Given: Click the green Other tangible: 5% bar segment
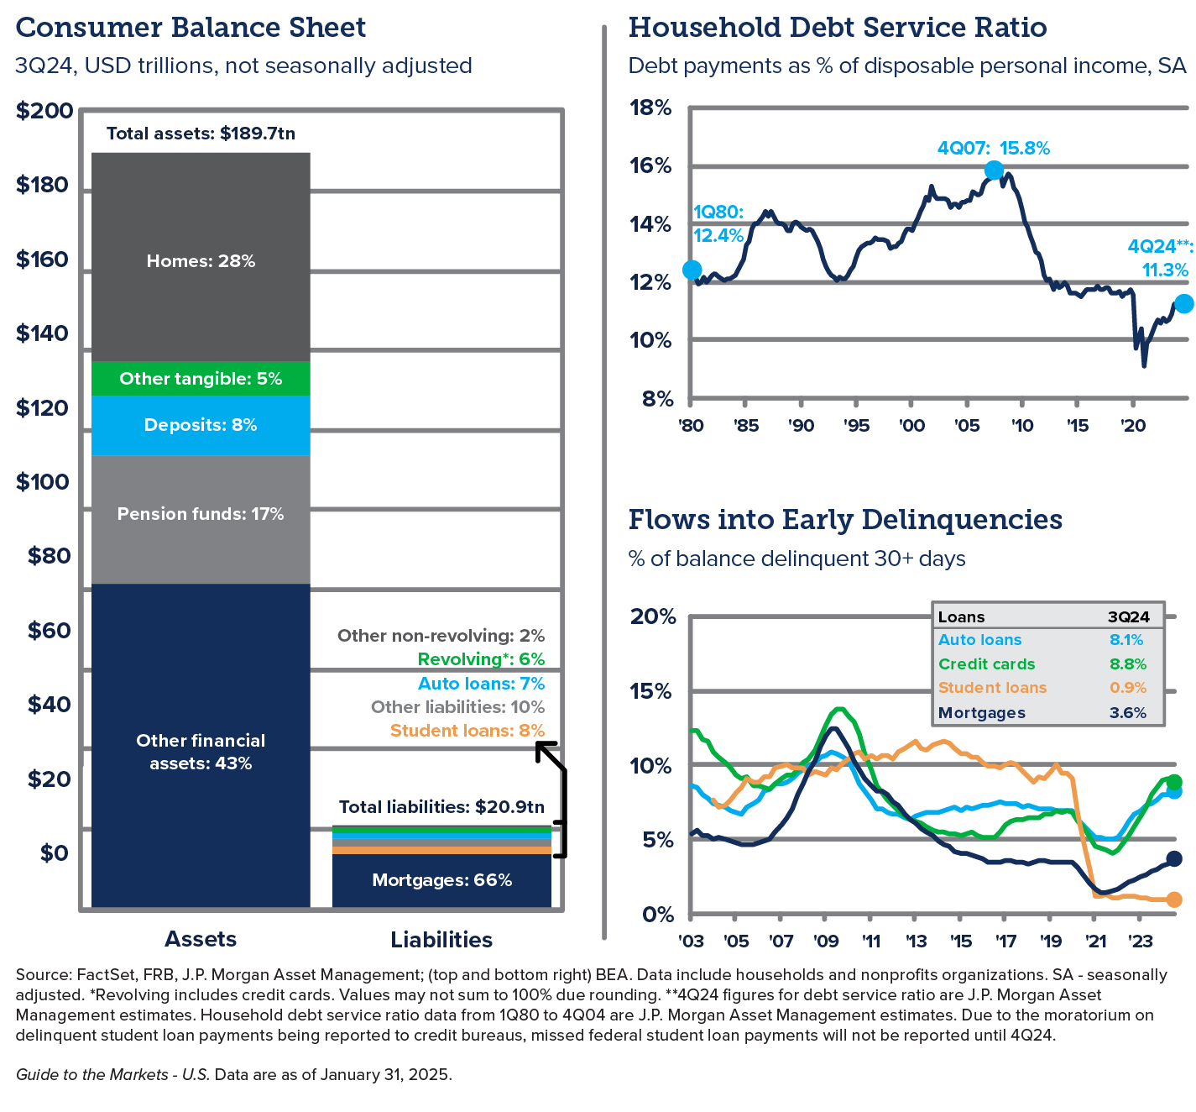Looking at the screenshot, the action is click(x=201, y=379).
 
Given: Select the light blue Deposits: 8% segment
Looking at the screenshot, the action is click(x=201, y=426).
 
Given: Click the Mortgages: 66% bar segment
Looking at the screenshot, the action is click(x=441, y=880).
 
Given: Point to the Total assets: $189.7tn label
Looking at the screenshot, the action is click(x=201, y=134).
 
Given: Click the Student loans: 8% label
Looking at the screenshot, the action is click(x=467, y=731).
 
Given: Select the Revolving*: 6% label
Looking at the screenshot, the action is click(x=481, y=659).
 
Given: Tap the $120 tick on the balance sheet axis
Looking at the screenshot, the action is click(x=42, y=408).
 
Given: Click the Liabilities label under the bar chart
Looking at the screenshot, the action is click(x=441, y=940).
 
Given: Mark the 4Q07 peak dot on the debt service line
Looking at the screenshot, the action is click(x=994, y=170).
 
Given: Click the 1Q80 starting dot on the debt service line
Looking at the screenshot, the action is click(x=692, y=270).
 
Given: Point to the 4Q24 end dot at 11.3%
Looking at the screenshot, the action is click(x=1184, y=304).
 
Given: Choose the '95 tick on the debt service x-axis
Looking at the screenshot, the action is click(x=856, y=426).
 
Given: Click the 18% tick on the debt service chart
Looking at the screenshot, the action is click(x=650, y=108).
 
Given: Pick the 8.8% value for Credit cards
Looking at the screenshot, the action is click(x=1128, y=664).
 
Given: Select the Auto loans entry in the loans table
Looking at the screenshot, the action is click(x=979, y=639).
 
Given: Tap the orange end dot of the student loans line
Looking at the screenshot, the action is click(x=1173, y=900).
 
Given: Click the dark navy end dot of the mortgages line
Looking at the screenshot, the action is click(x=1173, y=859).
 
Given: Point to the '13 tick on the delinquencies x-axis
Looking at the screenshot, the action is click(x=916, y=941).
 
